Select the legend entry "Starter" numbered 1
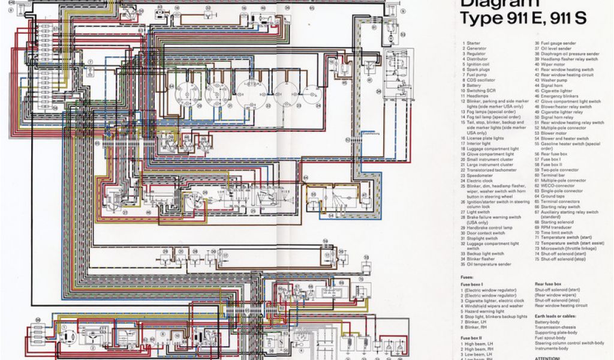click(473, 43)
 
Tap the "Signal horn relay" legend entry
click(552, 117)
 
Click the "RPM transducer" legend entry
click(550, 227)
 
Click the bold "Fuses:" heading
click(468, 277)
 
